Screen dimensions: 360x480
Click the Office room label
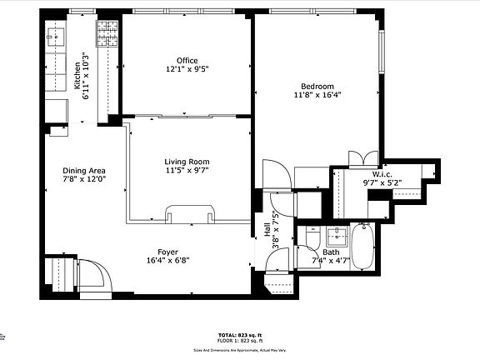pyautogui.click(x=187, y=60)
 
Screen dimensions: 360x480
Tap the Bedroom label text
pyautogui.click(x=317, y=87)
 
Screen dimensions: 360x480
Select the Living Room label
pyautogui.click(x=187, y=162)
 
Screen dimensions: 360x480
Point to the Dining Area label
pyautogui.click(x=84, y=172)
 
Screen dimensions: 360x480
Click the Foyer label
pyautogui.click(x=168, y=251)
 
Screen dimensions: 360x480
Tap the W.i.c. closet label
pyautogui.click(x=376, y=172)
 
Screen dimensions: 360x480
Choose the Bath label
pyautogui.click(x=332, y=252)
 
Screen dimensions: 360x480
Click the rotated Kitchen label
pyautogui.click(x=77, y=76)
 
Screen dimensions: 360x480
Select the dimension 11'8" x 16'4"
pyautogui.click(x=317, y=95)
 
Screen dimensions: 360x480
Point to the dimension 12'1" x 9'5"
pyautogui.click(x=187, y=69)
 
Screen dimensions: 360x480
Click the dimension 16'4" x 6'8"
pyautogui.click(x=168, y=259)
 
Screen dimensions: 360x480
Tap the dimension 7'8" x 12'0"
pyautogui.click(x=84, y=181)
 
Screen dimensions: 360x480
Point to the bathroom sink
pyautogui.click(x=338, y=233)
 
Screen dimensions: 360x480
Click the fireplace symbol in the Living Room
pyautogui.click(x=190, y=214)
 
